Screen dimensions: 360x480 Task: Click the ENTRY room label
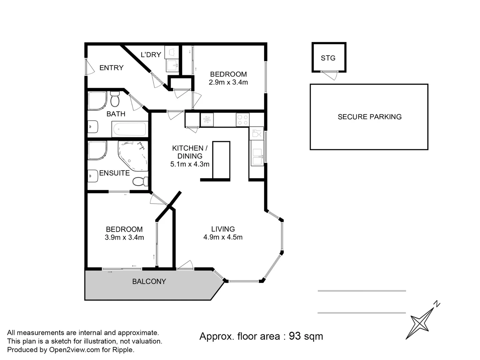pos(111,68)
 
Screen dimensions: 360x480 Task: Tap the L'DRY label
pos(151,55)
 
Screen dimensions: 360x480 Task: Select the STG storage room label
pos(328,58)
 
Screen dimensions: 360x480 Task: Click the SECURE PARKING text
pos(369,117)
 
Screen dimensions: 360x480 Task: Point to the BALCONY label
pos(149,282)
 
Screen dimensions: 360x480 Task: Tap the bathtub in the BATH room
pos(129,129)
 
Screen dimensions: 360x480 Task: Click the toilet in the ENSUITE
pos(140,182)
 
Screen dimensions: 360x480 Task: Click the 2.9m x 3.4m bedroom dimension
pos(228,82)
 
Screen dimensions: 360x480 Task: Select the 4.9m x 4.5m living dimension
pos(223,237)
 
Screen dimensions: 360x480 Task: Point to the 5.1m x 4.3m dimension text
pos(190,164)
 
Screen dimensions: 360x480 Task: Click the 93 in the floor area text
pos(295,336)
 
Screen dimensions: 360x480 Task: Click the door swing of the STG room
pos(330,75)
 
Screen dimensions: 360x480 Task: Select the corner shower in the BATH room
pos(97,101)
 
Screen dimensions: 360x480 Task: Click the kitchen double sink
pos(257,157)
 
